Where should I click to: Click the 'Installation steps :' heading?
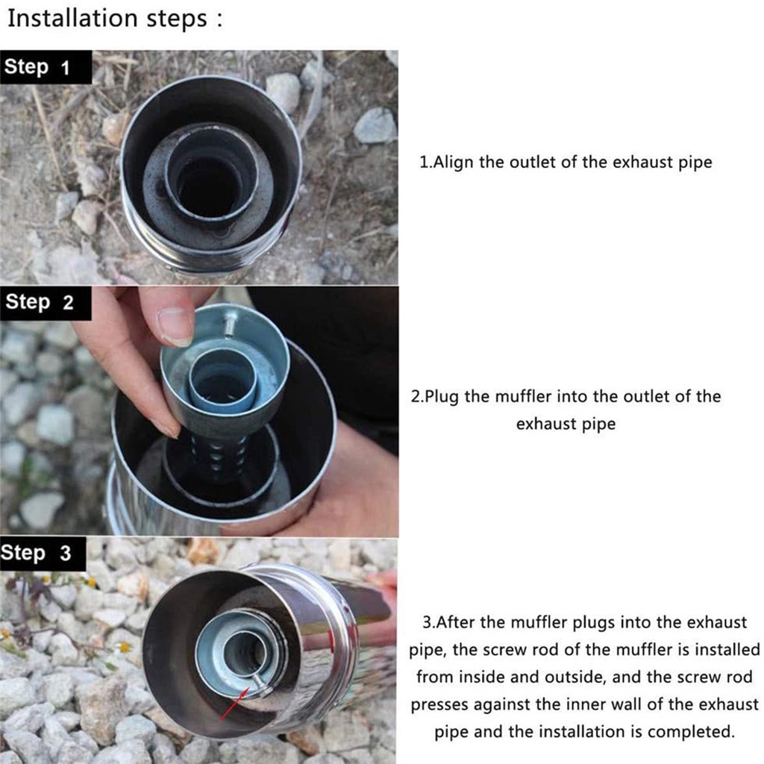pos(115,19)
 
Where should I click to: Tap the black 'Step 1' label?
pos(46,67)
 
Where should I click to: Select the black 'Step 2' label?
pos(46,303)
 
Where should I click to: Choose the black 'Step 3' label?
pos(43,554)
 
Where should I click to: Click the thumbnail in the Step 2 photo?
pos(175,325)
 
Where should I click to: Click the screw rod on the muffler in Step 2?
pos(230,323)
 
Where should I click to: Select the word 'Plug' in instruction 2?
pos(442,397)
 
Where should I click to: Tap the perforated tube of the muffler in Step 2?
pos(217,456)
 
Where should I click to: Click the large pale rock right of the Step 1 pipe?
pos(375,125)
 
